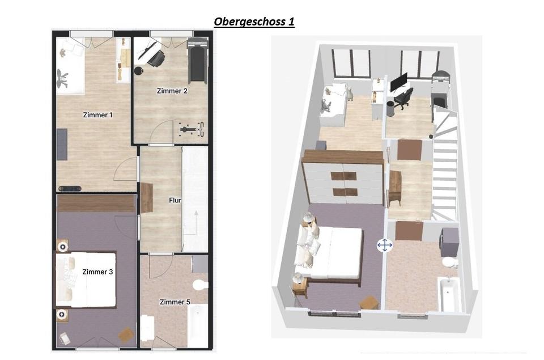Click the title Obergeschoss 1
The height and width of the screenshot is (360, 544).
[254, 22]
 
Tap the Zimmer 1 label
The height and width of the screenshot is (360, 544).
[98, 115]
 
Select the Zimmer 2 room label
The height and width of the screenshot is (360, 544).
[172, 91]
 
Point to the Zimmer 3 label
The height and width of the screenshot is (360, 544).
[97, 272]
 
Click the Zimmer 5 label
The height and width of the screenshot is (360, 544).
[175, 302]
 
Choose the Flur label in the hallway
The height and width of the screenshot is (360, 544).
[175, 200]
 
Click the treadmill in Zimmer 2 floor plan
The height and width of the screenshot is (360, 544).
[197, 61]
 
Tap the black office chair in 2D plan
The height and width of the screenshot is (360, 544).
[156, 58]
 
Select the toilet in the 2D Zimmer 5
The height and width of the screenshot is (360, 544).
[201, 285]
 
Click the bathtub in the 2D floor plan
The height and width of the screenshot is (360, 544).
[197, 325]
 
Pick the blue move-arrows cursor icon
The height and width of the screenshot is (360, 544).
[385, 245]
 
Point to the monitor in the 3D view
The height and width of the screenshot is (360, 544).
[398, 82]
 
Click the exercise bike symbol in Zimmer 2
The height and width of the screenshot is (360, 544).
[192, 129]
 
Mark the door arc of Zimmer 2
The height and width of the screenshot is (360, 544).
[161, 130]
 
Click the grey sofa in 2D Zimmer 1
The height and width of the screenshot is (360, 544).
[62, 144]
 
